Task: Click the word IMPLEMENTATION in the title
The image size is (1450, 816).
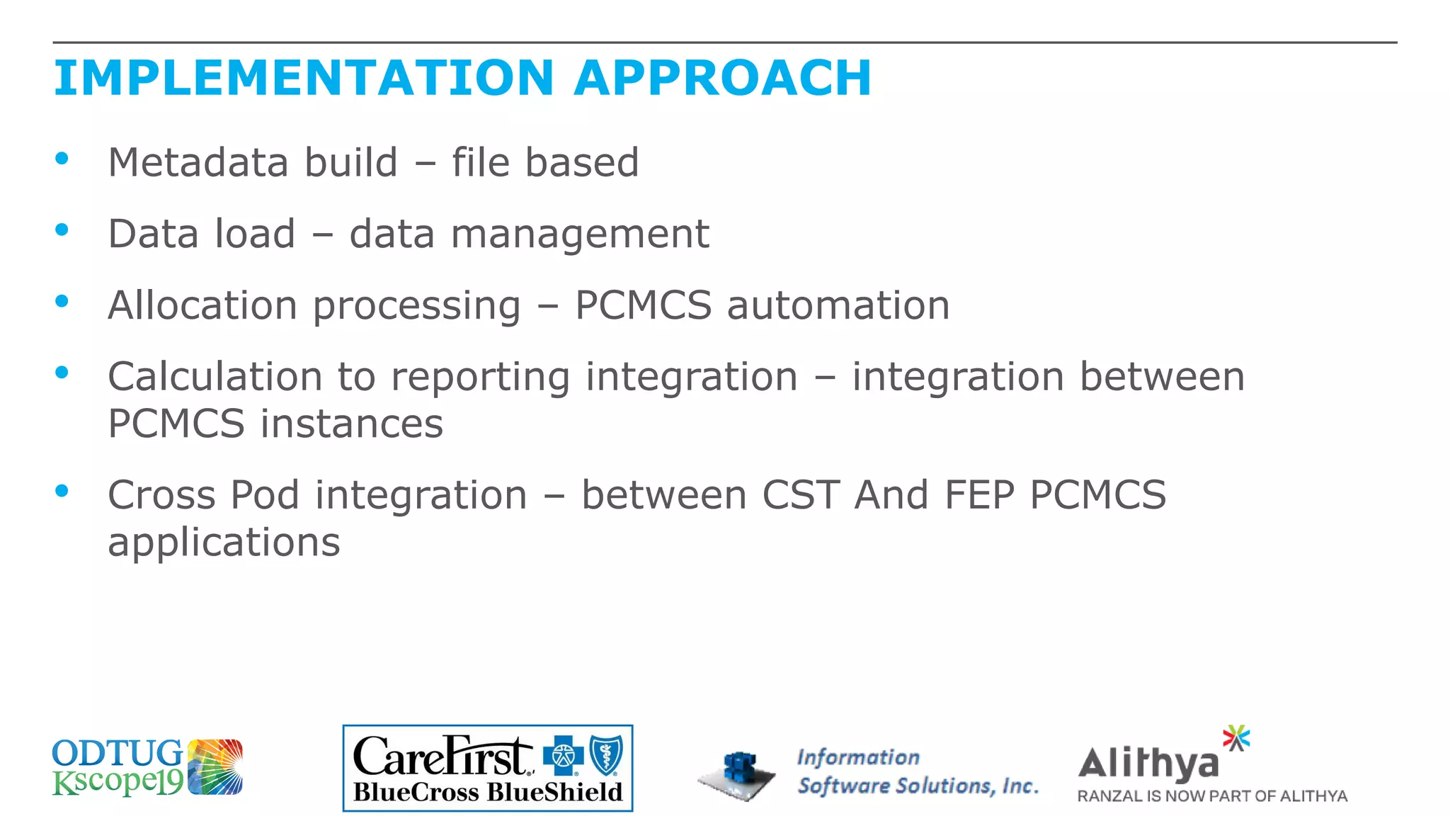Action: click(x=304, y=78)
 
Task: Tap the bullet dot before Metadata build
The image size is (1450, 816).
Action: click(x=62, y=159)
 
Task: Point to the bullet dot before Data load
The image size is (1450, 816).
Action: click(x=62, y=229)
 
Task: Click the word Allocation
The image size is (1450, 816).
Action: click(x=202, y=305)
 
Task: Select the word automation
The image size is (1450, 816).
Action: click(x=838, y=305)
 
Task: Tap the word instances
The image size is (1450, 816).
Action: click(x=351, y=424)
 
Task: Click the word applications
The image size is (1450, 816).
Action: click(x=224, y=543)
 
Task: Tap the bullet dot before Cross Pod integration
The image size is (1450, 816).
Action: click(x=62, y=490)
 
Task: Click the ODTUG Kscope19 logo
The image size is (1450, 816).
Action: click(x=147, y=767)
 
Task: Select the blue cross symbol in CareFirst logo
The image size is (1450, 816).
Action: click(x=563, y=756)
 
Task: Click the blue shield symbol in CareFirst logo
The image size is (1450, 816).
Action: click(x=606, y=755)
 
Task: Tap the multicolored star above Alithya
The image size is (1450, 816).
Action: click(x=1236, y=737)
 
